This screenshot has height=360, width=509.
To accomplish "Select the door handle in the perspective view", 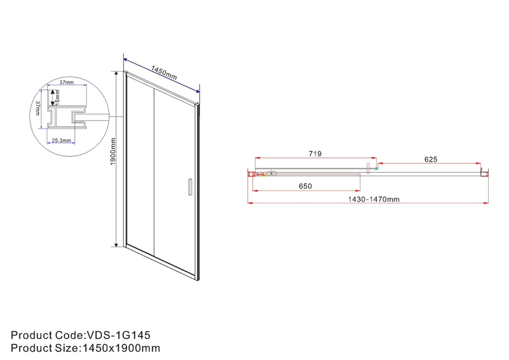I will tap(189, 186).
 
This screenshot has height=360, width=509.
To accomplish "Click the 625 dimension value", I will tap(431, 159).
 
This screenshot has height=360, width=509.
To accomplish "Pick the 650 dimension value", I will tap(305, 186).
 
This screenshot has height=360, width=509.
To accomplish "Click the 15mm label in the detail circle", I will tap(58, 95).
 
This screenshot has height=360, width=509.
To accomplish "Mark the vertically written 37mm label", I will tap(38, 108).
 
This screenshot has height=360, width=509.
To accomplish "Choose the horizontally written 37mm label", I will tap(66, 82).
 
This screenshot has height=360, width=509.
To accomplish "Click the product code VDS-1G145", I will tap(118, 336).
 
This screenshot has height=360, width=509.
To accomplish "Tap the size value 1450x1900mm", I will tap(120, 348).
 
